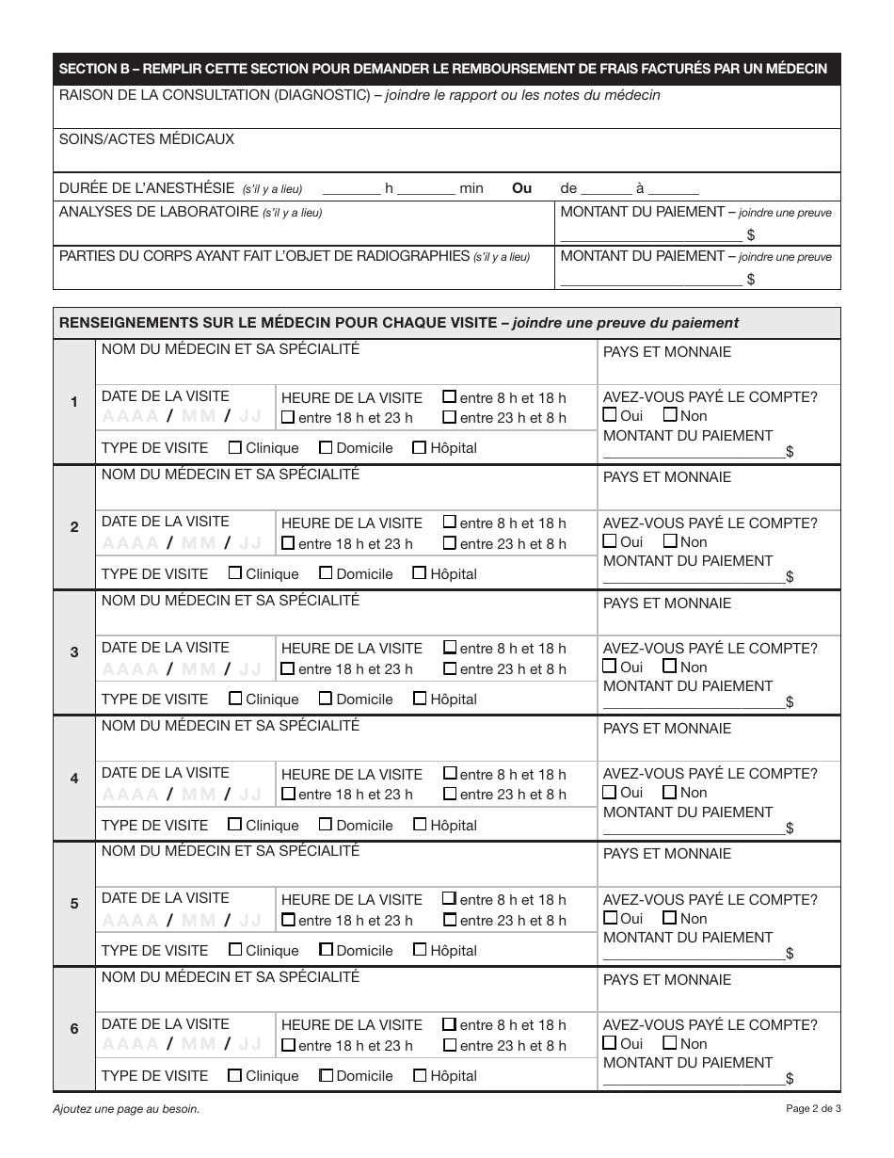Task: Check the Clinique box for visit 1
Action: [x=235, y=448]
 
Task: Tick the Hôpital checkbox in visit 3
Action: [x=420, y=699]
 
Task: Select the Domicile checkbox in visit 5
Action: [x=326, y=950]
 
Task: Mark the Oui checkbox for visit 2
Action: [x=610, y=541]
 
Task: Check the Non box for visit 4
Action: [x=670, y=793]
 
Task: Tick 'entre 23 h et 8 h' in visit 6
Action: [x=450, y=1045]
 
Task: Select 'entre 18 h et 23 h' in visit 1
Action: [x=288, y=418]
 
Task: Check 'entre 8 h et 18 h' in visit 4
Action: [x=450, y=774]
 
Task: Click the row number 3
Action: [x=74, y=652]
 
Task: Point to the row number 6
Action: [x=74, y=1029]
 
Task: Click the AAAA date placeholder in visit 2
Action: [x=130, y=543]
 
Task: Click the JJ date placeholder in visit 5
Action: [x=249, y=920]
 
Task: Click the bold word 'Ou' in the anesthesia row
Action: [x=521, y=188]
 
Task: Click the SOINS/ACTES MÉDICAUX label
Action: [x=146, y=139]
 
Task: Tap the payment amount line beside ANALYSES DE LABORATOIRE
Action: [x=649, y=235]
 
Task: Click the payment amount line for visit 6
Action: [x=693, y=1079]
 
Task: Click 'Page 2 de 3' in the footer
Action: [x=813, y=1109]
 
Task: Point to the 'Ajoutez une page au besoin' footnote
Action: [x=126, y=1109]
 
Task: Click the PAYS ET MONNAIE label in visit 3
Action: [x=666, y=603]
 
